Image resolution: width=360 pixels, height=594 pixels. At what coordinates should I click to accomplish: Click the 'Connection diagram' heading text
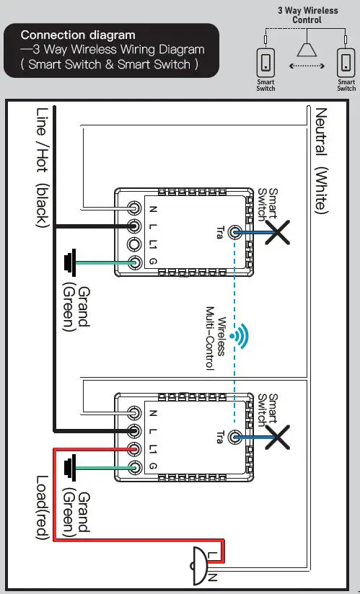point(77,35)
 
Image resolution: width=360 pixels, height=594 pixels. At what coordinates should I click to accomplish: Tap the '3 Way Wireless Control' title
point(307,15)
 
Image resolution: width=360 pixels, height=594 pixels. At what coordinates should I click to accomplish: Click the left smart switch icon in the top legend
point(265,63)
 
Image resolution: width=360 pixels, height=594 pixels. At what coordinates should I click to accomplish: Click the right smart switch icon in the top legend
point(346,63)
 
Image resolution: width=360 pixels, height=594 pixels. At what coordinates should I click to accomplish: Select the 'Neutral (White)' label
point(321,160)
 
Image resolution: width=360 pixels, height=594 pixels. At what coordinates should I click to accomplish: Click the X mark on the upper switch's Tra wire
point(276,232)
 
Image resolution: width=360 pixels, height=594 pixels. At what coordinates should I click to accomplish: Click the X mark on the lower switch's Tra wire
point(278,437)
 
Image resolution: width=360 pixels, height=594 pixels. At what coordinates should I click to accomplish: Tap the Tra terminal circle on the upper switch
point(233,232)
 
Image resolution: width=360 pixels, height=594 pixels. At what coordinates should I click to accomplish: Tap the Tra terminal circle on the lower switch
point(233,437)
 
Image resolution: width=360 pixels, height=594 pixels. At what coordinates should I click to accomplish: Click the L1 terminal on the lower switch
point(134,449)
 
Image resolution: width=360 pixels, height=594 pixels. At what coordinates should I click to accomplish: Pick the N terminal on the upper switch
point(134,208)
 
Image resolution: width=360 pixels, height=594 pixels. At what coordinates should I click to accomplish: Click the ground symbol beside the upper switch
point(70,262)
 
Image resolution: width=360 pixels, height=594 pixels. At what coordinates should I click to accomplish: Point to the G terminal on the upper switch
point(134,262)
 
